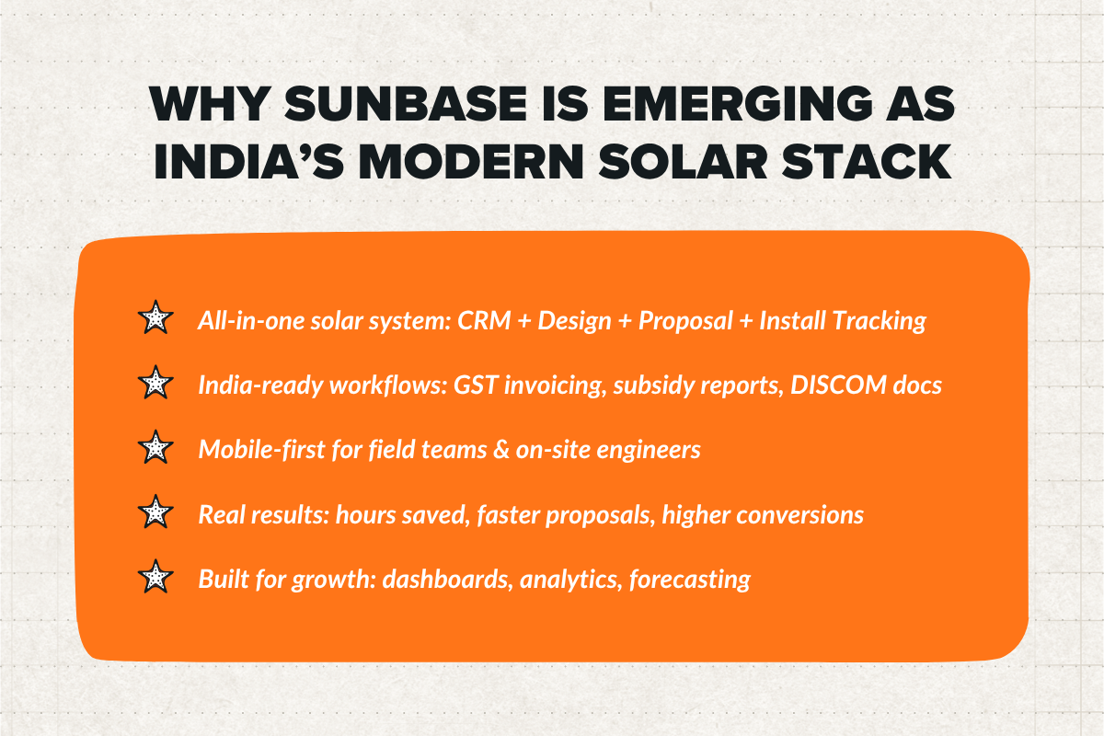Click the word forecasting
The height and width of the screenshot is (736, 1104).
tap(690, 580)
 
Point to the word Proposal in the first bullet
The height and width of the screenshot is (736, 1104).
tap(672, 320)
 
